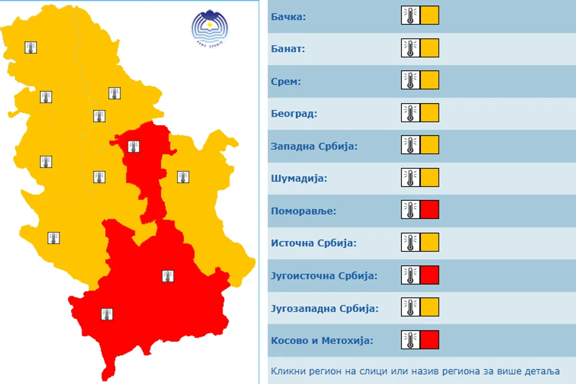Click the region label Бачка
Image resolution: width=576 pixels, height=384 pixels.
288,16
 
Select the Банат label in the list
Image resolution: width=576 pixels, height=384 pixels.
288,48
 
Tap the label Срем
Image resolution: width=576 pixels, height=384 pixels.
286,81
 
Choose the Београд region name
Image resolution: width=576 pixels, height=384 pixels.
294,113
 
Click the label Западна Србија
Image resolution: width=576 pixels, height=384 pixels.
314,146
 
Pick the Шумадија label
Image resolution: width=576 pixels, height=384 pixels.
299,179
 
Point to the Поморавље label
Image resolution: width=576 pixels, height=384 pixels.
305,211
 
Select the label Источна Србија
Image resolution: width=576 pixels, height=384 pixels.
313,243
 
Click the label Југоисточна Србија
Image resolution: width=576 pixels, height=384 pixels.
324,275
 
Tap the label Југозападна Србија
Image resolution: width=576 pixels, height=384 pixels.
324,308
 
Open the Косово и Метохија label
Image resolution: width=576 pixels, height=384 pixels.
321,340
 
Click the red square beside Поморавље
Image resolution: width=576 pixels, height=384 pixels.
430,210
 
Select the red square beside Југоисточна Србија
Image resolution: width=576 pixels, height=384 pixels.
430,275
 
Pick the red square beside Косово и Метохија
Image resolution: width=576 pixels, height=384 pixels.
430,339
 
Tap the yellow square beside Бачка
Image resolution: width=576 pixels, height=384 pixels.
430,15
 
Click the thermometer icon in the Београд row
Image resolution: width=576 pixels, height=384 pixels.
411,113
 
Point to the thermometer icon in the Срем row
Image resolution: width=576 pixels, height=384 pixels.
411,80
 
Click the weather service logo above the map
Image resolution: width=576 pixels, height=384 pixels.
210,28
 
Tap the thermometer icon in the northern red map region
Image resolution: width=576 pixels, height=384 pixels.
133,147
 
